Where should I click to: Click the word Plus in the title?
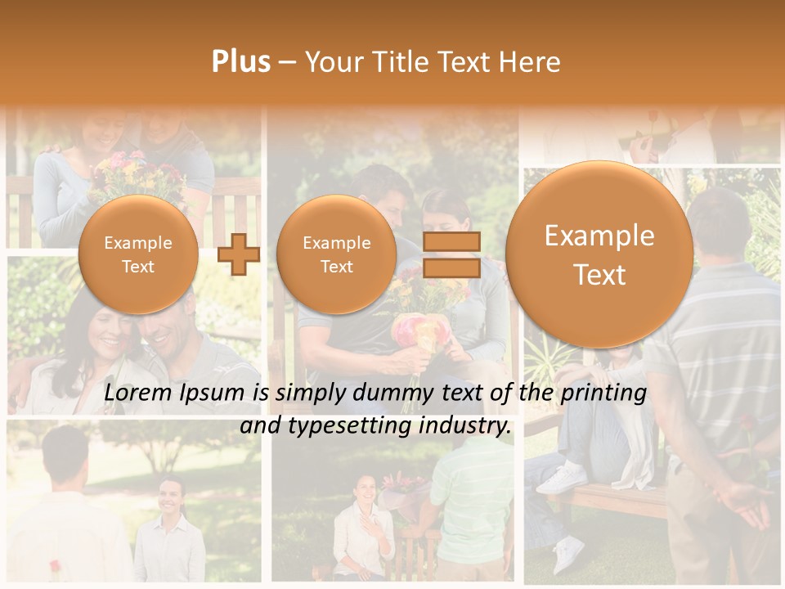click(x=240, y=62)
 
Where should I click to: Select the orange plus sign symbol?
click(x=239, y=254)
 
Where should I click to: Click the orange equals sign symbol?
click(x=451, y=254)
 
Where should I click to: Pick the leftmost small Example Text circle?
click(x=137, y=254)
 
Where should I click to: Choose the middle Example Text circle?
click(x=336, y=254)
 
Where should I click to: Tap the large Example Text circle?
click(x=599, y=254)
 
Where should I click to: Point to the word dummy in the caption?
click(x=392, y=393)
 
